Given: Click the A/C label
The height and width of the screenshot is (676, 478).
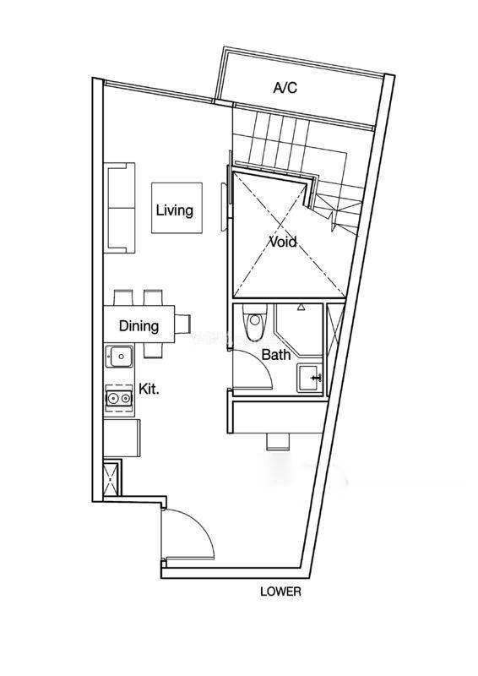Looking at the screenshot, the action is (285, 88).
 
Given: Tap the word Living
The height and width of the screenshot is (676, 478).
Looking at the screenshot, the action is (175, 210).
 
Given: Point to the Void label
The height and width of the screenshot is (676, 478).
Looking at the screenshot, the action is (283, 242).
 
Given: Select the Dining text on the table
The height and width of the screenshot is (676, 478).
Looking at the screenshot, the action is (139, 325).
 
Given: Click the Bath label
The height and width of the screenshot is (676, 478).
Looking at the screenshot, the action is (276, 355).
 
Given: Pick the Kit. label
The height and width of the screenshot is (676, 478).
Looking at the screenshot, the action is (149, 389).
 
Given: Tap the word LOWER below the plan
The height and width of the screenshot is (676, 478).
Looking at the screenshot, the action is (280, 591).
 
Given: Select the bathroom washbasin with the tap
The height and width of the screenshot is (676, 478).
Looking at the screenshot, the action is (309, 378).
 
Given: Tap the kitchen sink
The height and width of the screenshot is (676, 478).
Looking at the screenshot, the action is (119, 356).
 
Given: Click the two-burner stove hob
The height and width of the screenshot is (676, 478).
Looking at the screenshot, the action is (119, 398).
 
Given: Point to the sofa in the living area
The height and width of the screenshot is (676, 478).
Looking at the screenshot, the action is (119, 208).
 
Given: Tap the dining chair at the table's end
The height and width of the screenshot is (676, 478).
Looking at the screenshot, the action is (182, 324).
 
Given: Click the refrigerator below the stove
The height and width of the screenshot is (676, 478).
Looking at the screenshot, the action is (122, 437).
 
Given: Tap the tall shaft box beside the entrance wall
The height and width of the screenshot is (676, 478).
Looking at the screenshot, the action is (111, 478).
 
